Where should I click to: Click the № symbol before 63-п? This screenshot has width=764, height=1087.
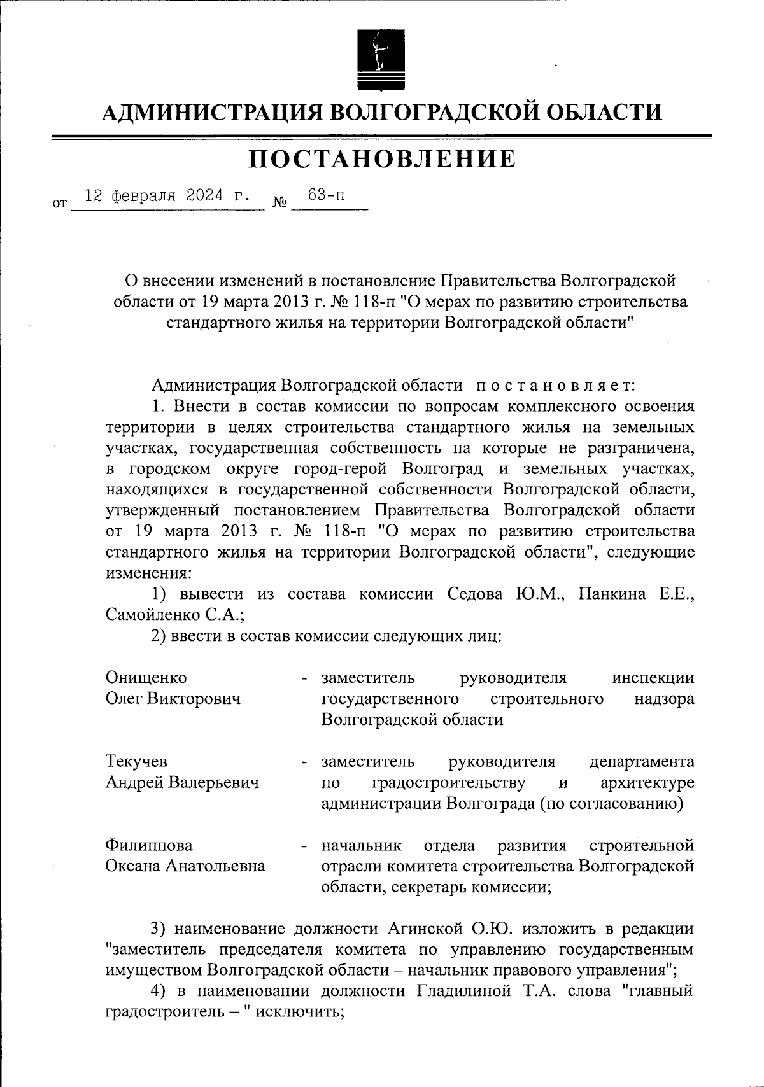point(279,203)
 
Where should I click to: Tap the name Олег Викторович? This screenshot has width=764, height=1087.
point(173,698)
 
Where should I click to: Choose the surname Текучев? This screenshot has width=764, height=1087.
point(136,761)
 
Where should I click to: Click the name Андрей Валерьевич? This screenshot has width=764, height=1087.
point(182,782)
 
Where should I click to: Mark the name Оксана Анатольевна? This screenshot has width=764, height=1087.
point(185,866)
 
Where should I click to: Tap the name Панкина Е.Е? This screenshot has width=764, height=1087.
point(635,594)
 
